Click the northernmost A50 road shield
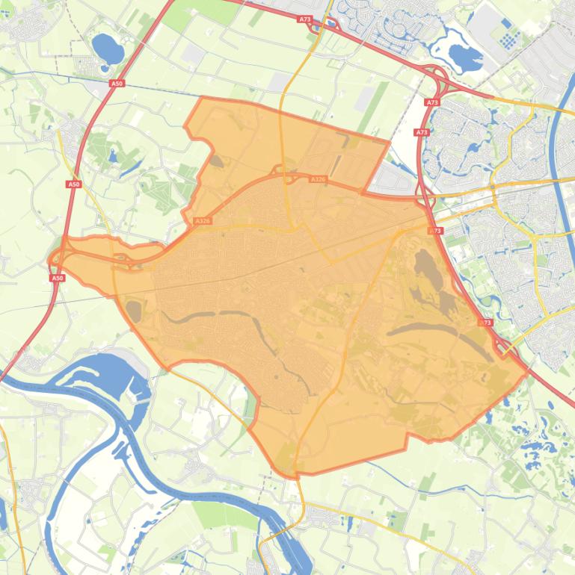117,84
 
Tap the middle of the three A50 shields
73,184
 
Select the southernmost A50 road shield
58,278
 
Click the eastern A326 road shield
318,179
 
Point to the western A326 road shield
203,221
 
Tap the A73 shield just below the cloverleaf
431,102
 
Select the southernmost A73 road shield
485,323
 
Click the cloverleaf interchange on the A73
433,77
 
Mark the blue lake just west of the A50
108,49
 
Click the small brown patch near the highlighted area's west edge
135,310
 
